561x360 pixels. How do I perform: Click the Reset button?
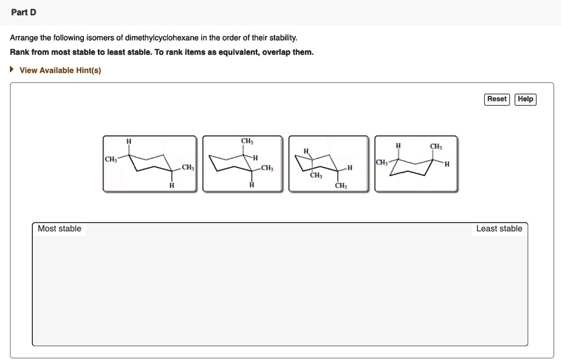pyautogui.click(x=497, y=99)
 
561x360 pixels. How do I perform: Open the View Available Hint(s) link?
pyautogui.click(x=60, y=70)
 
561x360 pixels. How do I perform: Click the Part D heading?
pyautogui.click(x=24, y=12)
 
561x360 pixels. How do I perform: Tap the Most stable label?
pyautogui.click(x=59, y=228)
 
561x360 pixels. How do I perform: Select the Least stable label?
pyautogui.click(x=499, y=228)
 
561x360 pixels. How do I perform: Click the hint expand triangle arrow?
pyautogui.click(x=13, y=70)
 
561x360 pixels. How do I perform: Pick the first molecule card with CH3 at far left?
pyautogui.click(x=149, y=163)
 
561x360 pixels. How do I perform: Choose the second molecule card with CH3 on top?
pyautogui.click(x=243, y=163)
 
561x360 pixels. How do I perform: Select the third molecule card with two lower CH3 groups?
pyautogui.click(x=329, y=163)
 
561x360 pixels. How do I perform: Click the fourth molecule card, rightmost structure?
pyautogui.click(x=416, y=163)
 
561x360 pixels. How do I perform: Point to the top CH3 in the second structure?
pyautogui.click(x=247, y=142)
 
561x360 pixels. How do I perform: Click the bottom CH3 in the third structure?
pyautogui.click(x=341, y=186)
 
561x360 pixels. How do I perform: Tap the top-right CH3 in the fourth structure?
pyautogui.click(x=436, y=146)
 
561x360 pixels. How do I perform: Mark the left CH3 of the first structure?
pyautogui.click(x=111, y=159)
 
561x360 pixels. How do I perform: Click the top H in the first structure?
pyautogui.click(x=129, y=142)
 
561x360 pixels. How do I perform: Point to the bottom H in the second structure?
pyautogui.click(x=251, y=185)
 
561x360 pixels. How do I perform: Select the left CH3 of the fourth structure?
pyautogui.click(x=381, y=163)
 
